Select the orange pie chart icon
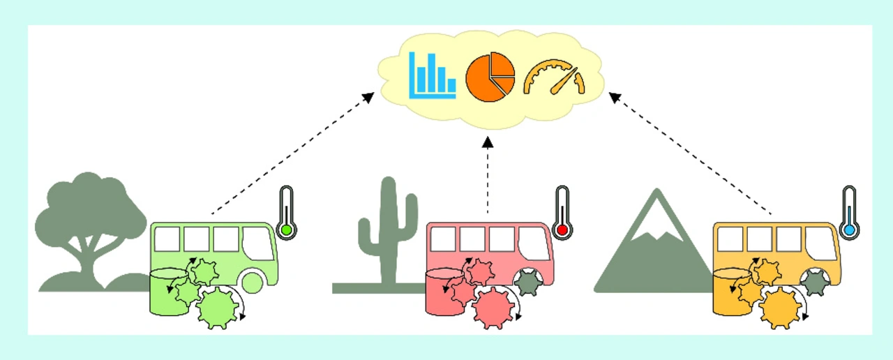(x=490, y=77)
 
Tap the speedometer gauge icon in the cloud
(x=554, y=77)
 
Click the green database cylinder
(x=164, y=293)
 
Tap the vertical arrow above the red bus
(x=488, y=174)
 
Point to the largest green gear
(x=216, y=308)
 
